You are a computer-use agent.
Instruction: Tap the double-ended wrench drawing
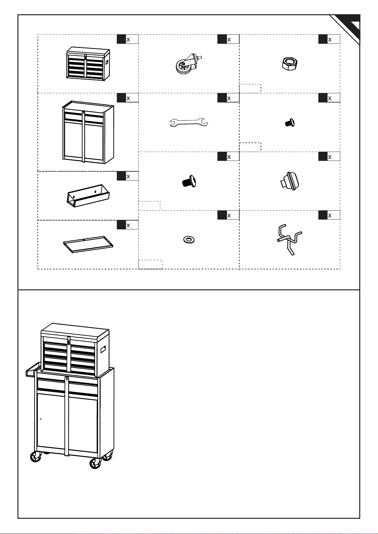click(189, 123)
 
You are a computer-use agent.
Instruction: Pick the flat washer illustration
click(189, 239)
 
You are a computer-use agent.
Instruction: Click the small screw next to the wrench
click(289, 122)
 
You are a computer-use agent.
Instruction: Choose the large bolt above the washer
click(188, 181)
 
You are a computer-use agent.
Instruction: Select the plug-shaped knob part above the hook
click(290, 181)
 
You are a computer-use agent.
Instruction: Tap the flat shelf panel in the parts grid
click(88, 244)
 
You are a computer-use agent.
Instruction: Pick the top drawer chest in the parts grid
click(88, 63)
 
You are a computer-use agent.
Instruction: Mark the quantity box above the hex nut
click(329, 39)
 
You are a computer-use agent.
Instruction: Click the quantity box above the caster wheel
click(228, 39)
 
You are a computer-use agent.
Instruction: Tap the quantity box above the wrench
click(228, 98)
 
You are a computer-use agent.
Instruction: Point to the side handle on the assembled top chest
click(103, 350)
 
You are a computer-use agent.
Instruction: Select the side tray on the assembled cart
click(33, 370)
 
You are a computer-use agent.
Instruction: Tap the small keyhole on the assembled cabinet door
click(41, 419)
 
